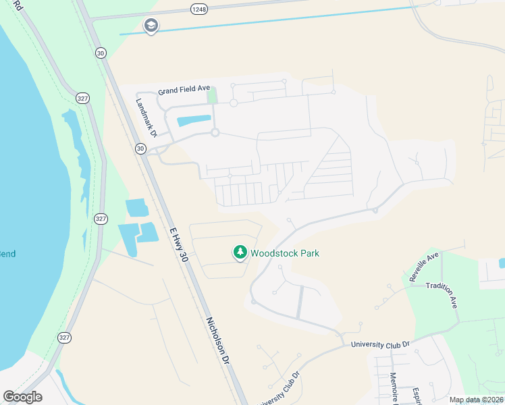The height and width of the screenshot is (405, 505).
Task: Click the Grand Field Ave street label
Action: (x=185, y=91)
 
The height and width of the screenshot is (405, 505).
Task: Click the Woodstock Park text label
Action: (x=285, y=253)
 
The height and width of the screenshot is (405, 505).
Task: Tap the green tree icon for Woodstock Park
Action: (x=240, y=252)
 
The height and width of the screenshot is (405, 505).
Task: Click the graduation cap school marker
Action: (x=151, y=26)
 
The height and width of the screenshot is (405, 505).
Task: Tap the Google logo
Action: (x=22, y=396)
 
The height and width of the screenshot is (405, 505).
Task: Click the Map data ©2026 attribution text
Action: (x=475, y=400)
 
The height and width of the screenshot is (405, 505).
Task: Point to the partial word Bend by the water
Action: (x=7, y=254)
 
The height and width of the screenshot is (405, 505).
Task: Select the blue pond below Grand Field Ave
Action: (x=192, y=122)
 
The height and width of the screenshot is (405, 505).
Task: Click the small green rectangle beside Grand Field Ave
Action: (x=212, y=97)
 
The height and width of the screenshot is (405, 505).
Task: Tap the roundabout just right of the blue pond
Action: (x=215, y=132)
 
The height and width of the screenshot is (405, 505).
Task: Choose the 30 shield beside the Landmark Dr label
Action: (x=140, y=148)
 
